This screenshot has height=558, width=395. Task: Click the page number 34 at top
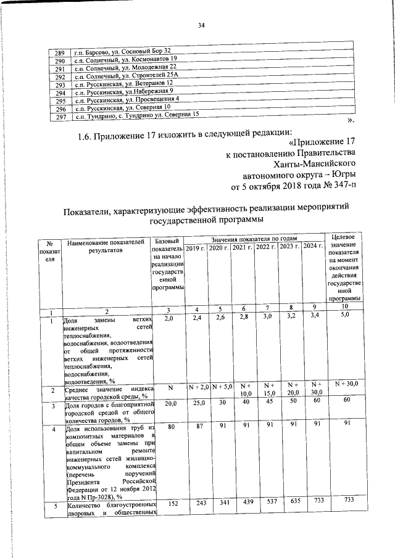[x=201, y=25]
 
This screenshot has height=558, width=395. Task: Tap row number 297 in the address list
[x=61, y=116]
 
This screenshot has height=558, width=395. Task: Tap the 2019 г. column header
[x=195, y=247]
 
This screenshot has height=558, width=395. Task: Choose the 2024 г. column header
[x=313, y=247]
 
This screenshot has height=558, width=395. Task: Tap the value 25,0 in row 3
[x=196, y=403]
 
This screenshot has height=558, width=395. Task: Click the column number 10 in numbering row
[x=344, y=306]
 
